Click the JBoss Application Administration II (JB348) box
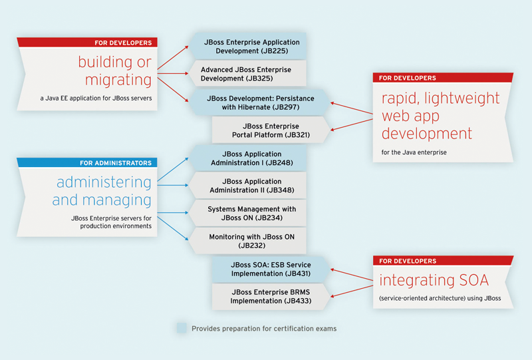[x=251, y=186]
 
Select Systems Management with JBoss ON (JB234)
[x=251, y=213]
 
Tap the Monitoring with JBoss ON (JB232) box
[x=251, y=241]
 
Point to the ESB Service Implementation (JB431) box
[x=271, y=269]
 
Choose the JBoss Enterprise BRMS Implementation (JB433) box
[x=271, y=296]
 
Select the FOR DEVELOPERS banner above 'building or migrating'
[x=88, y=43]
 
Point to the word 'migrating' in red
[x=118, y=80]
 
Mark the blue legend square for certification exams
[x=182, y=328]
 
